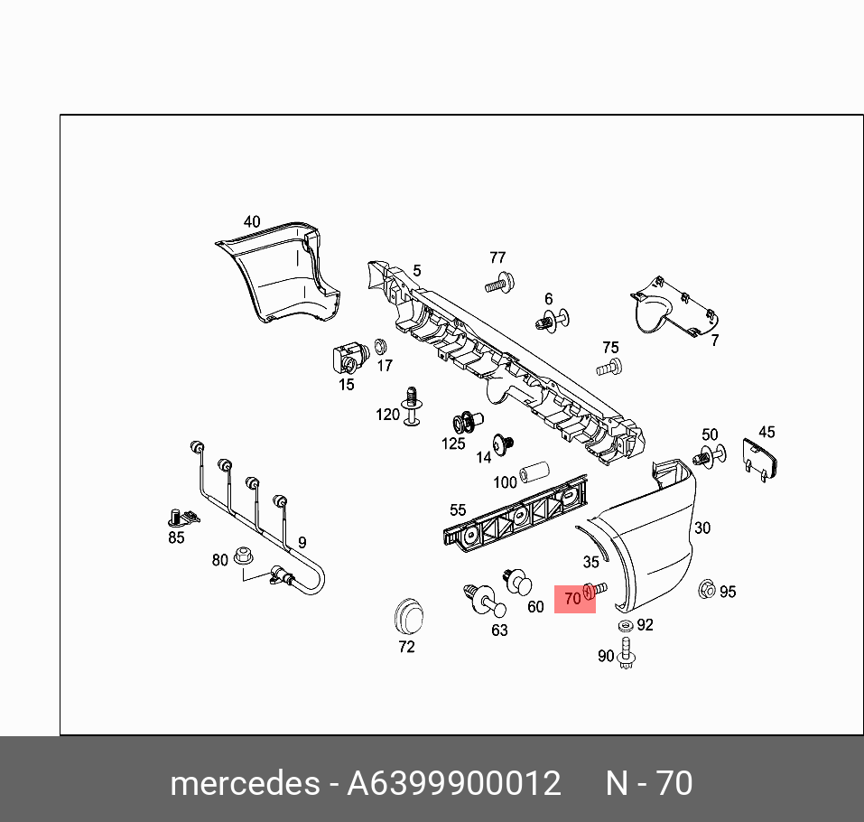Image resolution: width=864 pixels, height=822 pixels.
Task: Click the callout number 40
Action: (252, 221)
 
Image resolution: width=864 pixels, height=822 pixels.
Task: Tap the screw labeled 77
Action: (497, 283)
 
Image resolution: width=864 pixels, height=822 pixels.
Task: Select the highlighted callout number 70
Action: (572, 598)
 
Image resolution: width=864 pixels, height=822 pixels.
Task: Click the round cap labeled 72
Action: (407, 617)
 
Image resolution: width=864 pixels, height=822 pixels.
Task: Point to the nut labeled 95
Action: (707, 591)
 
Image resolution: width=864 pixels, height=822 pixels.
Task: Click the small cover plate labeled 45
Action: (759, 458)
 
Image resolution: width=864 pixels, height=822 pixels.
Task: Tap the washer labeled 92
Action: (626, 625)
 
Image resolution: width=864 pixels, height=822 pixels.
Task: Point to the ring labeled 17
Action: (380, 346)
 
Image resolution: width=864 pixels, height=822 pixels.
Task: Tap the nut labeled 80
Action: (242, 556)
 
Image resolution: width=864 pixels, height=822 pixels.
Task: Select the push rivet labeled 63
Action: (480, 599)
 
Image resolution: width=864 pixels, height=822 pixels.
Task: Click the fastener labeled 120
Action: (413, 406)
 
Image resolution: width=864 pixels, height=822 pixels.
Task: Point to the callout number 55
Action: (458, 510)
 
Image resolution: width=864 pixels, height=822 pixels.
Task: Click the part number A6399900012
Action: (454, 782)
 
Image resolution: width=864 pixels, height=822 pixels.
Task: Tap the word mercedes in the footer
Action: (244, 782)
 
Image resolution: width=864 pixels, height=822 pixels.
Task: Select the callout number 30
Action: (702, 528)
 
